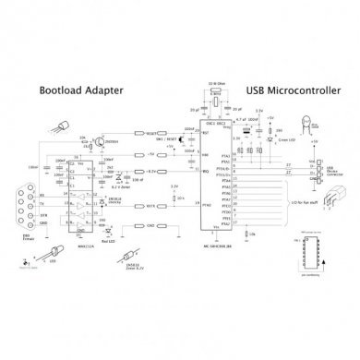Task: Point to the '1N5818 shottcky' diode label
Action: pyautogui.click(x=114, y=199)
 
